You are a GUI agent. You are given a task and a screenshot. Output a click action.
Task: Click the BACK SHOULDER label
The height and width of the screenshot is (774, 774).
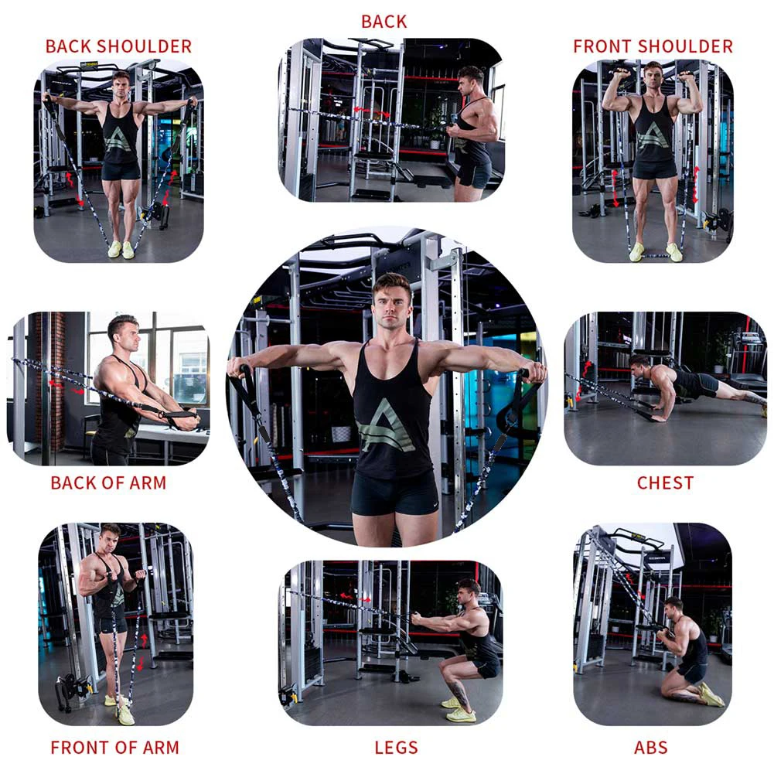pyautogui.click(x=118, y=46)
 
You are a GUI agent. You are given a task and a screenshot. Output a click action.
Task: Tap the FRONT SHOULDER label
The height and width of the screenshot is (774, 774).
pyautogui.click(x=653, y=46)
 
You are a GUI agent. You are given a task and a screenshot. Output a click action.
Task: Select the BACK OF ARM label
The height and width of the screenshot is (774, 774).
pyautogui.click(x=108, y=483)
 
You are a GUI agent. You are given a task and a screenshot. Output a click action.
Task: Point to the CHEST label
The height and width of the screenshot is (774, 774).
pyautogui.click(x=665, y=483)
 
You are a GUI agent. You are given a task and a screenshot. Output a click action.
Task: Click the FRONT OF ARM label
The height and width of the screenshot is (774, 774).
pyautogui.click(x=114, y=748)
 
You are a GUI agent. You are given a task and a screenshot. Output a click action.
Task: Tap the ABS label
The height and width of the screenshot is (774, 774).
pyautogui.click(x=651, y=748)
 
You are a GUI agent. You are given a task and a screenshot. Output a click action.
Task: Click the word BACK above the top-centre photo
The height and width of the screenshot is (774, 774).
pyautogui.click(x=384, y=22)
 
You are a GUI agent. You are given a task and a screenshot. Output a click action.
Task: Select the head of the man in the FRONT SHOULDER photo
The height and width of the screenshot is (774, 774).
pyautogui.click(x=653, y=76)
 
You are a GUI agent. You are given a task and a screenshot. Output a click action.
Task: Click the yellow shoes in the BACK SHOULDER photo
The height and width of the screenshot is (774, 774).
pyautogui.click(x=122, y=249)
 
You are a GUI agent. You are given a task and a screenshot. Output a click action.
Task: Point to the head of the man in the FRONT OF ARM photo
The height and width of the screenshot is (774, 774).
pyautogui.click(x=111, y=536)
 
